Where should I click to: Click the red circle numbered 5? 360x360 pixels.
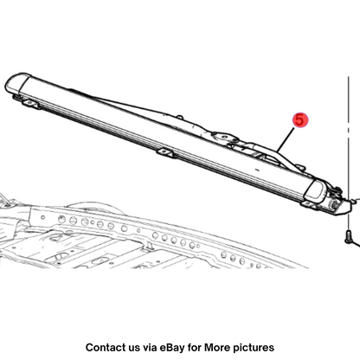300,119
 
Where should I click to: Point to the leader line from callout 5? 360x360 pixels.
286,139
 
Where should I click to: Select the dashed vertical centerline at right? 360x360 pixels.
349,152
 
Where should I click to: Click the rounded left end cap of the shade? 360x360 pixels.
17,83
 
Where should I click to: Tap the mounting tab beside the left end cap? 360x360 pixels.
30,103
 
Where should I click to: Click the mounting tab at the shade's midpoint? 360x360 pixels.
164,152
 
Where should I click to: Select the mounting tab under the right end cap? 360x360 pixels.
310,205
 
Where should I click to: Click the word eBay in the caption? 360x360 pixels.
173,348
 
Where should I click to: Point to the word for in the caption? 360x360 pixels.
195,347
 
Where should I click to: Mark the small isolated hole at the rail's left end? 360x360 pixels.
43,217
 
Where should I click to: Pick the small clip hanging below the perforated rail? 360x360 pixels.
150,245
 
